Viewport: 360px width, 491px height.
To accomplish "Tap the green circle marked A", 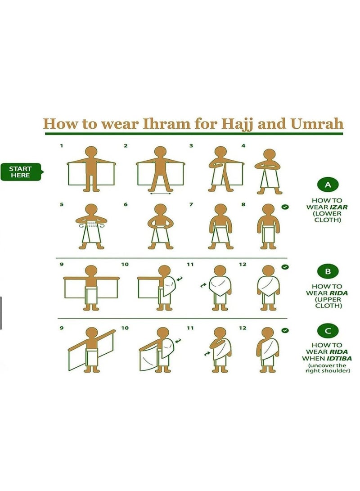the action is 328,185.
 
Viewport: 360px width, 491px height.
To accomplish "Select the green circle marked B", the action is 328,271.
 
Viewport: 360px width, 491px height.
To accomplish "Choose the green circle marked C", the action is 328,330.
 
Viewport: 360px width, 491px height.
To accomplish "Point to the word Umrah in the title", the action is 317,124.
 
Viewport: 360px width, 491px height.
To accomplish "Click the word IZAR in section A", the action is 339,207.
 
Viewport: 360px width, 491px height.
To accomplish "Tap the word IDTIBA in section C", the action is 339,358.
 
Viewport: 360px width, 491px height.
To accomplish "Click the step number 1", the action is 62,146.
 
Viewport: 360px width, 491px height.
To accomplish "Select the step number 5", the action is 62,205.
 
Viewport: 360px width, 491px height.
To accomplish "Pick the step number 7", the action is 191,205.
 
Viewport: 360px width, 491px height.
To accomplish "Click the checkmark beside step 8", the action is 284,207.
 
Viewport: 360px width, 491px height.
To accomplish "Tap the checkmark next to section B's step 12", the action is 284,267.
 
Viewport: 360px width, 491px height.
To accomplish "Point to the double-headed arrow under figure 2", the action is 160,194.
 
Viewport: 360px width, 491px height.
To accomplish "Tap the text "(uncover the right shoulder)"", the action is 328,368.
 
